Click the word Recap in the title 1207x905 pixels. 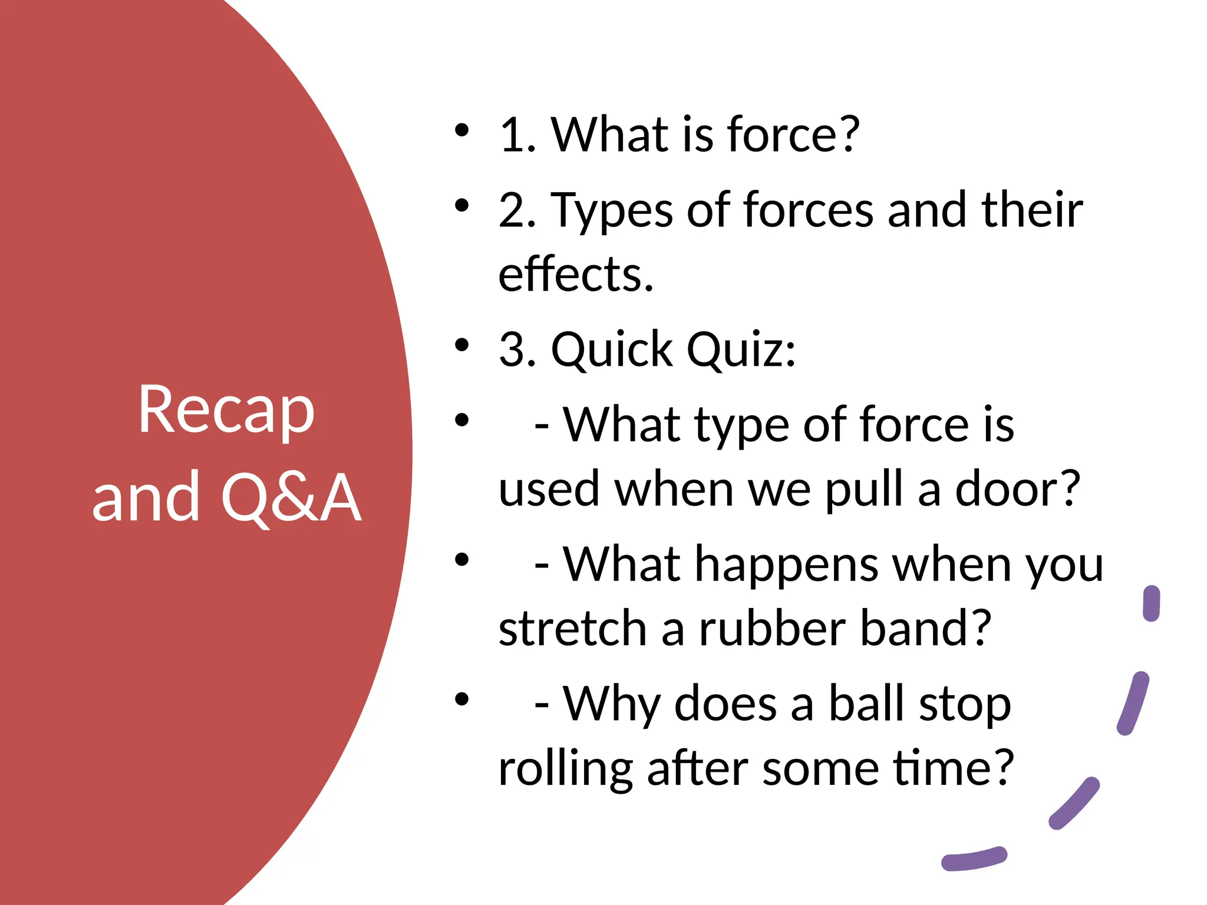tap(226, 411)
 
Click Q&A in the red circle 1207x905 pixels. tap(291, 498)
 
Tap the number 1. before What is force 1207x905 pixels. tap(517, 135)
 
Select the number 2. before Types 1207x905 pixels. tap(517, 210)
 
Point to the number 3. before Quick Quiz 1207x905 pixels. tap(517, 349)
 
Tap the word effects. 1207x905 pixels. tap(576, 275)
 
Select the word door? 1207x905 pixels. tap(1017, 489)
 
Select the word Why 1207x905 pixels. tap(611, 705)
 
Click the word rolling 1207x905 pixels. tap(565, 769)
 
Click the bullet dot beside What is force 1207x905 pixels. tap(462, 130)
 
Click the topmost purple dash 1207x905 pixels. tap(1151, 603)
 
